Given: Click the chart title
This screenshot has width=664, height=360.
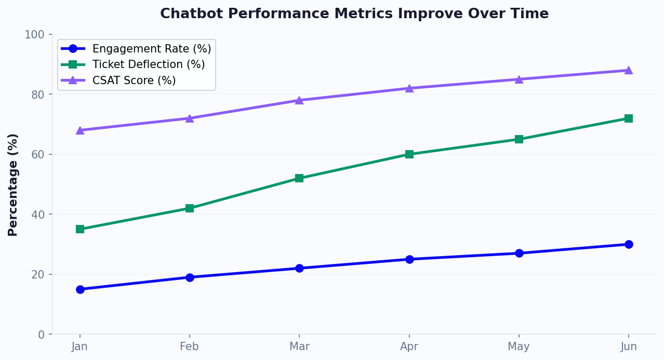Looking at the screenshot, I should pyautogui.click(x=354, y=14).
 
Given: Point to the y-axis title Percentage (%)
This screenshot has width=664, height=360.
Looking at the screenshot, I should pyautogui.click(x=13, y=184).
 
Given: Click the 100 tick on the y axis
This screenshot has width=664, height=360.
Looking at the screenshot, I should pyautogui.click(x=35, y=35).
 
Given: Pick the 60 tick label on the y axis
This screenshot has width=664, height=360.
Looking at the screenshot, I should pyautogui.click(x=38, y=154).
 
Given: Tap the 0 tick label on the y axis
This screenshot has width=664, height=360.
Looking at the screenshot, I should pyautogui.click(x=42, y=335).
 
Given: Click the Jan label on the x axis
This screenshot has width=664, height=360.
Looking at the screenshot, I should pyautogui.click(x=79, y=346).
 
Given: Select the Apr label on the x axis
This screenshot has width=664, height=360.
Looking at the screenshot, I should pyautogui.click(x=409, y=346).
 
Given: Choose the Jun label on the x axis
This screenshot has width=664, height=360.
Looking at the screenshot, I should pyautogui.click(x=629, y=346).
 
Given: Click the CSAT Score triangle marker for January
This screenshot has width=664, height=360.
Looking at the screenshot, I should pyautogui.click(x=80, y=130).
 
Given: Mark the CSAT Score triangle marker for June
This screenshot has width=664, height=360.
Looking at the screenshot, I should pyautogui.click(x=629, y=70).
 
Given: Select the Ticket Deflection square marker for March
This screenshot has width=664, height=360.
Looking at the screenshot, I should pyautogui.click(x=299, y=178).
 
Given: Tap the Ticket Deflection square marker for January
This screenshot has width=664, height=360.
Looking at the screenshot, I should pyautogui.click(x=80, y=229).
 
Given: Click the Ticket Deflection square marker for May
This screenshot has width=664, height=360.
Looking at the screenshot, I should pyautogui.click(x=519, y=139).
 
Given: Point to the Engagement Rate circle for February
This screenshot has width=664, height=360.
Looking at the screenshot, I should pyautogui.click(x=190, y=277).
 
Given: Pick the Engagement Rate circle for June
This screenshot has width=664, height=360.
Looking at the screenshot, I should pyautogui.click(x=629, y=244).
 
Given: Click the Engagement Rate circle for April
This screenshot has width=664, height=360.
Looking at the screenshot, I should pyautogui.click(x=409, y=259).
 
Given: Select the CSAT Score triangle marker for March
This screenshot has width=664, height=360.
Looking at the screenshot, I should pyautogui.click(x=299, y=100).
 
